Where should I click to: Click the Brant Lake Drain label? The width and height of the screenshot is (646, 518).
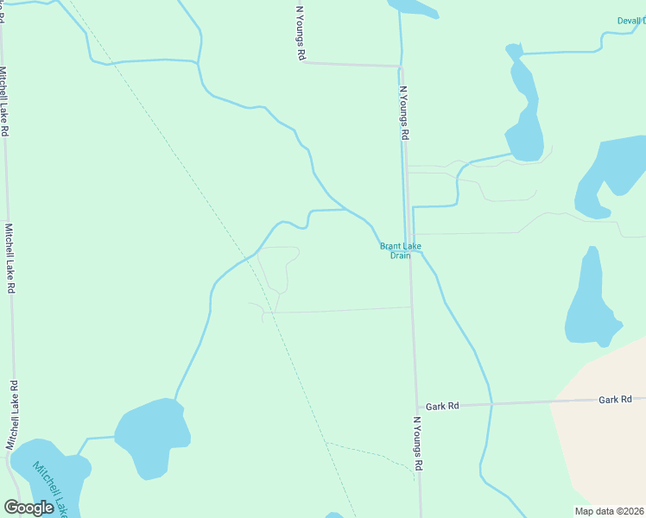[x=400, y=250]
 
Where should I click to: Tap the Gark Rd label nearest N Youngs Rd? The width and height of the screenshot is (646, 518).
[x=441, y=406]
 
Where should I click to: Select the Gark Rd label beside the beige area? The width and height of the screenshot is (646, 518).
[x=616, y=400]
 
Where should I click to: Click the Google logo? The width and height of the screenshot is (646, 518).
[x=29, y=508]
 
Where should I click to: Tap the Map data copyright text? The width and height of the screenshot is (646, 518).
[x=609, y=511]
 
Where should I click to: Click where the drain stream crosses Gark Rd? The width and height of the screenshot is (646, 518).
[x=491, y=403]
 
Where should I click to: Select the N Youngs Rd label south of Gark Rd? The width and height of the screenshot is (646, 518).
[x=418, y=443]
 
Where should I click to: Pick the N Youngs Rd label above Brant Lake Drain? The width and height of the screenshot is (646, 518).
[x=403, y=112]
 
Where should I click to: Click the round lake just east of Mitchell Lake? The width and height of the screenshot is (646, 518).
[x=153, y=439]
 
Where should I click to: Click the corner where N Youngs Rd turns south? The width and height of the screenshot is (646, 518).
[x=400, y=66]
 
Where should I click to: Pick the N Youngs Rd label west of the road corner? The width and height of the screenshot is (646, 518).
[x=301, y=33]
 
